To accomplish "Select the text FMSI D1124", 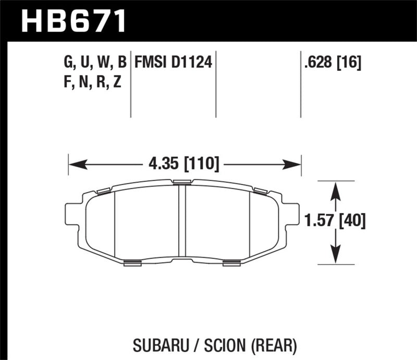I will click(173, 63).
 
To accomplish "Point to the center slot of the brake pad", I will click(182, 221).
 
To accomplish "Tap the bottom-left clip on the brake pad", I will click(133, 263).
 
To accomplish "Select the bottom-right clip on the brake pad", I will click(231, 263).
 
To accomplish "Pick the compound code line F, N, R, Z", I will click(92, 82).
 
